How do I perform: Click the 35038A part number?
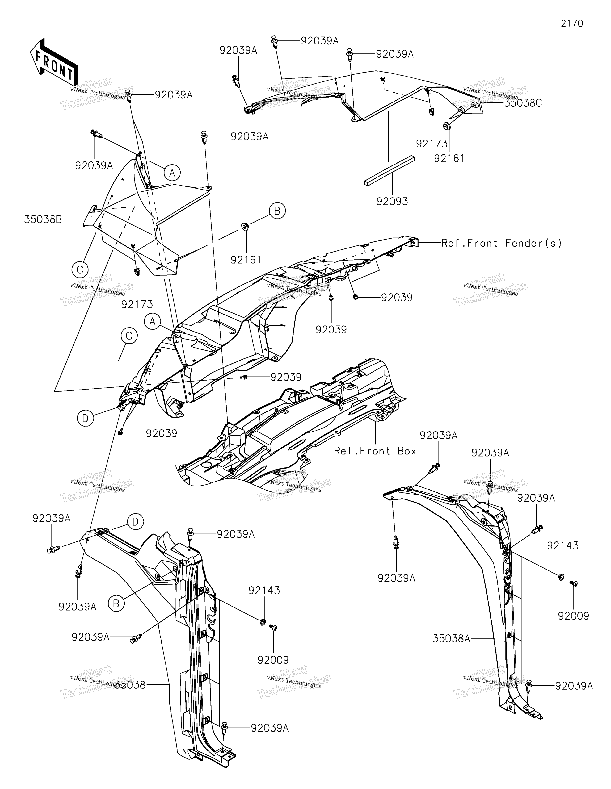pyautogui.click(x=451, y=639)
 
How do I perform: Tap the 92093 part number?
pyautogui.click(x=392, y=201)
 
